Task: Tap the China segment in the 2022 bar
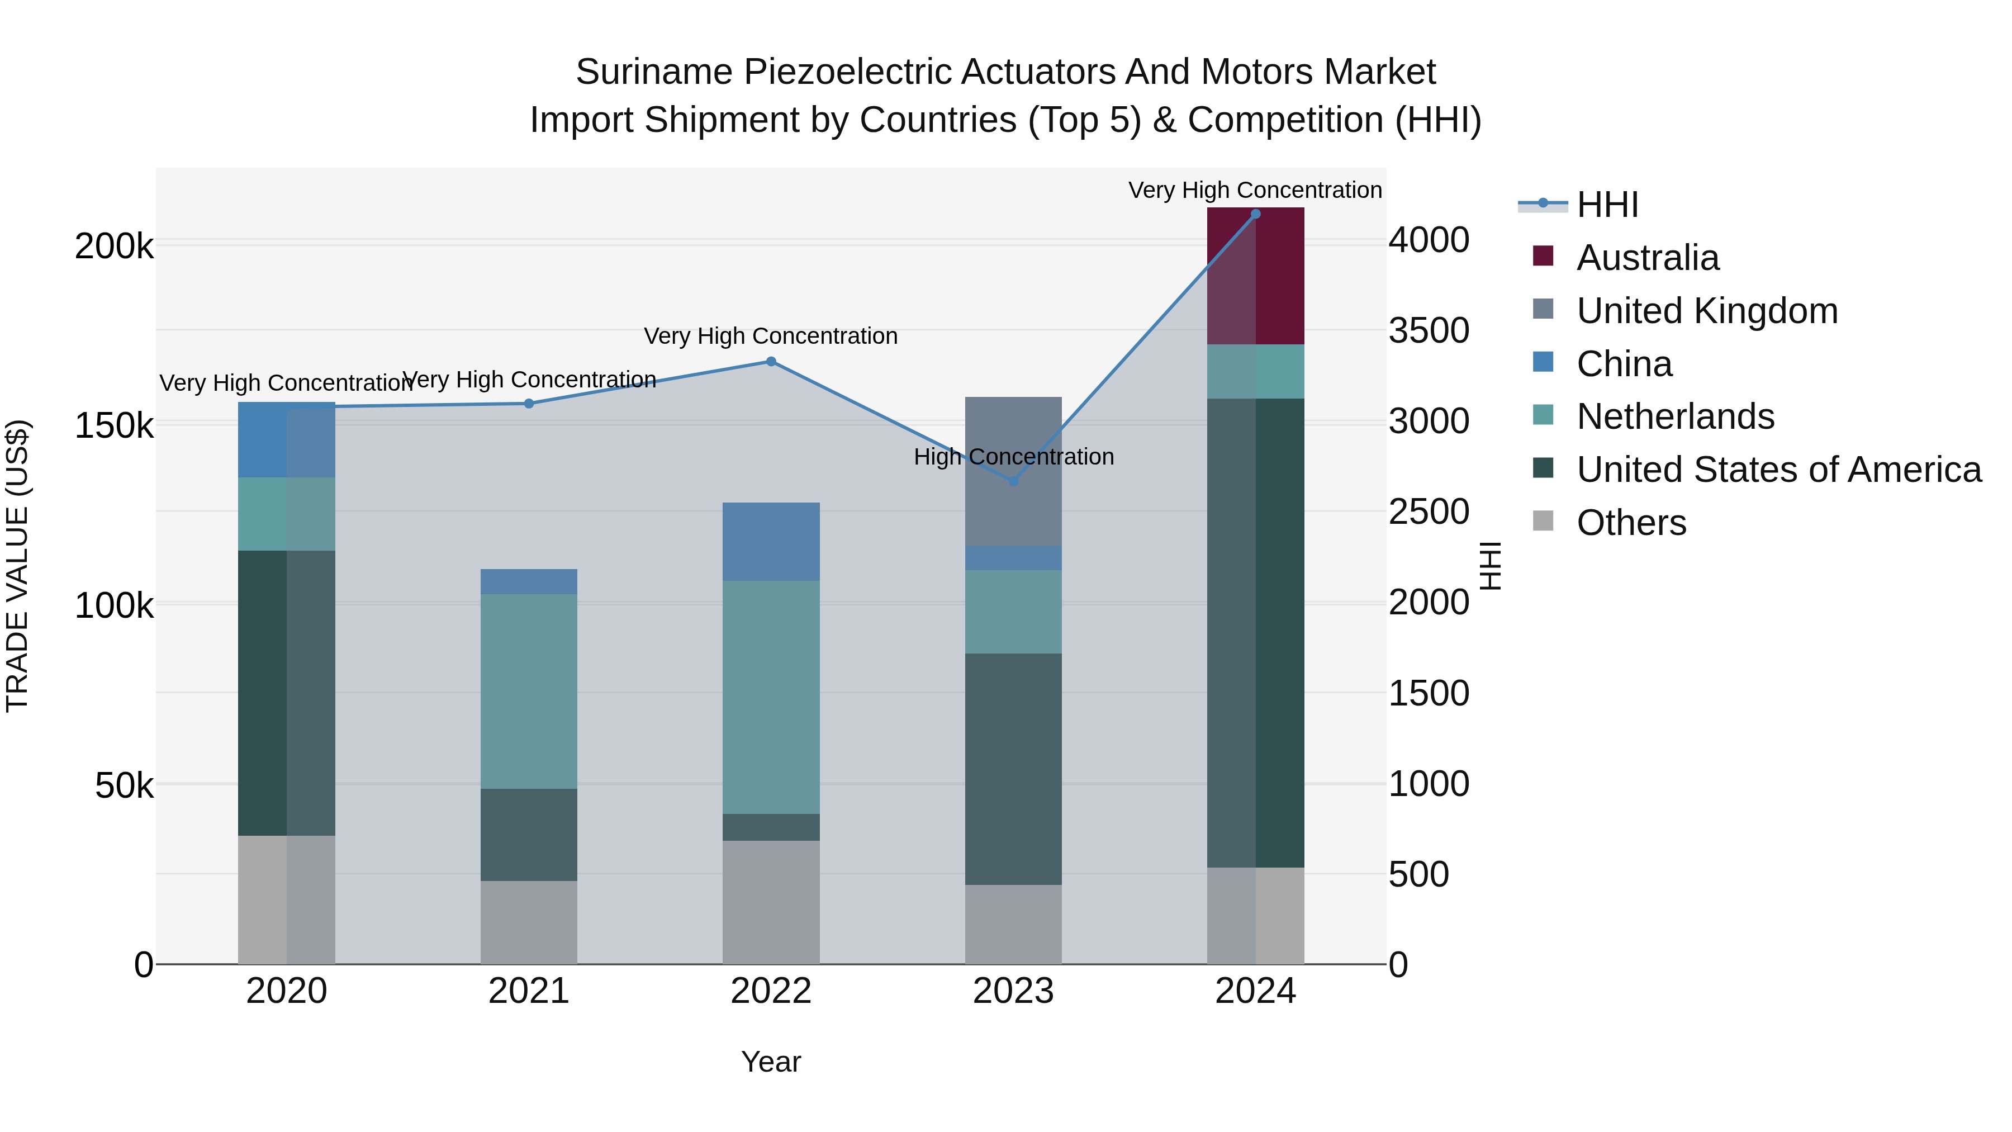click(x=771, y=541)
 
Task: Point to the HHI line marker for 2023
click(x=1013, y=481)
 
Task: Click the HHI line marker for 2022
click(x=771, y=362)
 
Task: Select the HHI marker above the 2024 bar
click(x=1255, y=214)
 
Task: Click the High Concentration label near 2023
click(x=1013, y=457)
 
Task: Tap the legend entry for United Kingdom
click(x=1707, y=311)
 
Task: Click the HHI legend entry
click(x=1607, y=205)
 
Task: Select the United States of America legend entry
click(x=1778, y=470)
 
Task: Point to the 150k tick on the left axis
click(x=114, y=427)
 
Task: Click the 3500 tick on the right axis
click(x=1428, y=330)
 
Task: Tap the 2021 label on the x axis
click(x=529, y=991)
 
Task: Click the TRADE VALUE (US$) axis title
click(x=17, y=566)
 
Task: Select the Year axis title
click(x=771, y=1062)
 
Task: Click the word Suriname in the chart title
click(x=654, y=72)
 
